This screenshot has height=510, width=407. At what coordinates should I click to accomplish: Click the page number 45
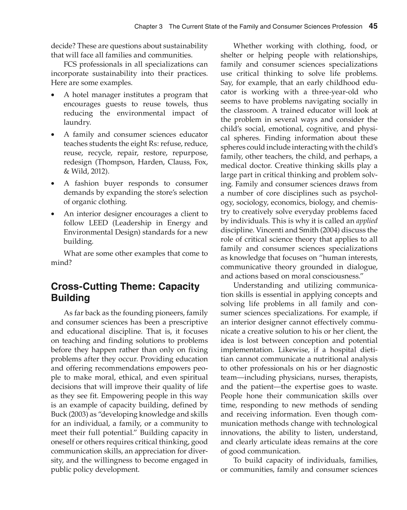click(x=373, y=26)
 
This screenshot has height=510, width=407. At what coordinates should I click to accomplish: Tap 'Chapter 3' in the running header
click(x=149, y=27)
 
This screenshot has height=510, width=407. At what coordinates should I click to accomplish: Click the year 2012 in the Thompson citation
click(x=100, y=171)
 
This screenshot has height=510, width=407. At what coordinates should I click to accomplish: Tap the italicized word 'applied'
click(x=367, y=221)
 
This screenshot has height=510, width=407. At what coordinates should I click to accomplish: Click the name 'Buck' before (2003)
click(x=59, y=414)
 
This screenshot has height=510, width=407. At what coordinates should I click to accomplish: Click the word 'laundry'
click(x=76, y=123)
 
